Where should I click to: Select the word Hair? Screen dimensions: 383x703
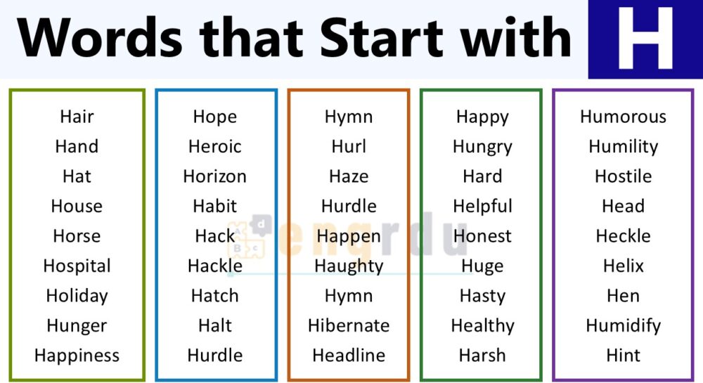(x=77, y=117)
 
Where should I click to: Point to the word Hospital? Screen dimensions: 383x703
(x=77, y=266)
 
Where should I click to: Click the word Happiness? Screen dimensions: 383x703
(x=77, y=356)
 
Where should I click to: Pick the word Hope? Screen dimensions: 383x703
(x=214, y=117)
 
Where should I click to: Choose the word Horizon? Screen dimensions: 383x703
(x=214, y=176)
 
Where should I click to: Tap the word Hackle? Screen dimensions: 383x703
(x=214, y=266)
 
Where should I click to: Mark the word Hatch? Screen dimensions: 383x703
(x=214, y=296)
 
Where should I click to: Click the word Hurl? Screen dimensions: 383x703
(x=349, y=147)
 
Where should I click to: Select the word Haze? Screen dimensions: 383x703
(x=349, y=176)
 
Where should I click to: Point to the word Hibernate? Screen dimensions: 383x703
(x=349, y=326)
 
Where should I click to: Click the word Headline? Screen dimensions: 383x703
(x=349, y=356)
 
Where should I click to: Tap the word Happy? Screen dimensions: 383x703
(x=482, y=117)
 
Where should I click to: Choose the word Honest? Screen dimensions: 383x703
(x=482, y=236)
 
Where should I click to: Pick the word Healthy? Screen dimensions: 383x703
(x=482, y=326)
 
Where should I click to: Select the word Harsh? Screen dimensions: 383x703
(x=482, y=356)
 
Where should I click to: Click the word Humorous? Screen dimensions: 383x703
(x=623, y=117)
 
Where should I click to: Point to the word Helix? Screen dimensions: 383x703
(x=623, y=266)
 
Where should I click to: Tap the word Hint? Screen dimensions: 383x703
(x=623, y=356)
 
